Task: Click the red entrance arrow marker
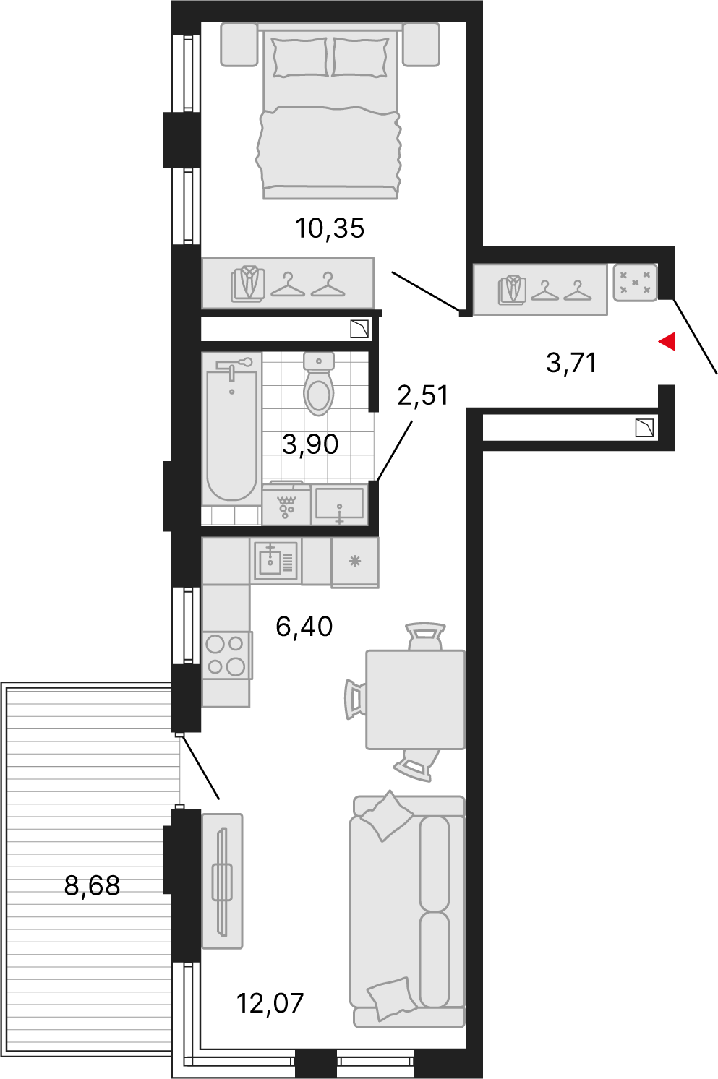point(668,342)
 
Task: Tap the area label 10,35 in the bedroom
point(330,228)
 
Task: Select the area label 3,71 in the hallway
point(571,362)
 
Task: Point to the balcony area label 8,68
point(92,885)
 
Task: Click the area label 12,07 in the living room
point(270,1003)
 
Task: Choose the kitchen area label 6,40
point(304,626)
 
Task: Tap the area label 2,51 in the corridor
point(422,395)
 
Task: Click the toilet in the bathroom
point(319,384)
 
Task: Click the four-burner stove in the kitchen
point(227,655)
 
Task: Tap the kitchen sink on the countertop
point(275,561)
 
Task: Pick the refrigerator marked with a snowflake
point(355,562)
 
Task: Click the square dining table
point(415,700)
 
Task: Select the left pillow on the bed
point(299,57)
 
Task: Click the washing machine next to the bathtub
point(286,504)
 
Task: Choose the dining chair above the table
point(425,636)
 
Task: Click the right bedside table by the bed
point(421,44)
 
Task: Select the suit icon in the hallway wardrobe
point(511,290)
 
